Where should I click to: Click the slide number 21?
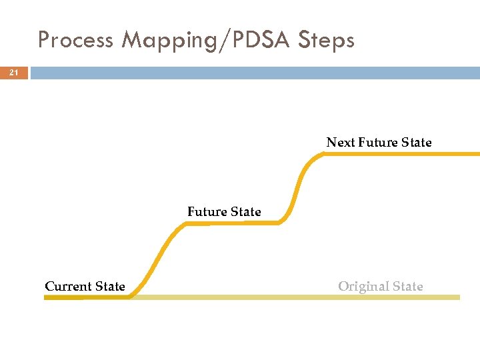[x=14, y=73]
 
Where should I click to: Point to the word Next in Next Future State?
[x=340, y=142]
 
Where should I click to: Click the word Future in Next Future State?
[x=378, y=142]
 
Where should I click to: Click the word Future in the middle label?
[x=207, y=212]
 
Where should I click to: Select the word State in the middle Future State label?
[x=245, y=212]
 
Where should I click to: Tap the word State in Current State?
[x=110, y=287]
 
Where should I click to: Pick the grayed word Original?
[x=363, y=287]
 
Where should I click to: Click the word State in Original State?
[x=407, y=287]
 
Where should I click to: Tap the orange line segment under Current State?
[x=87, y=297]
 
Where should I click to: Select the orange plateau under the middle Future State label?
[x=233, y=223]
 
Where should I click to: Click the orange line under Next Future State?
[x=400, y=153]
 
